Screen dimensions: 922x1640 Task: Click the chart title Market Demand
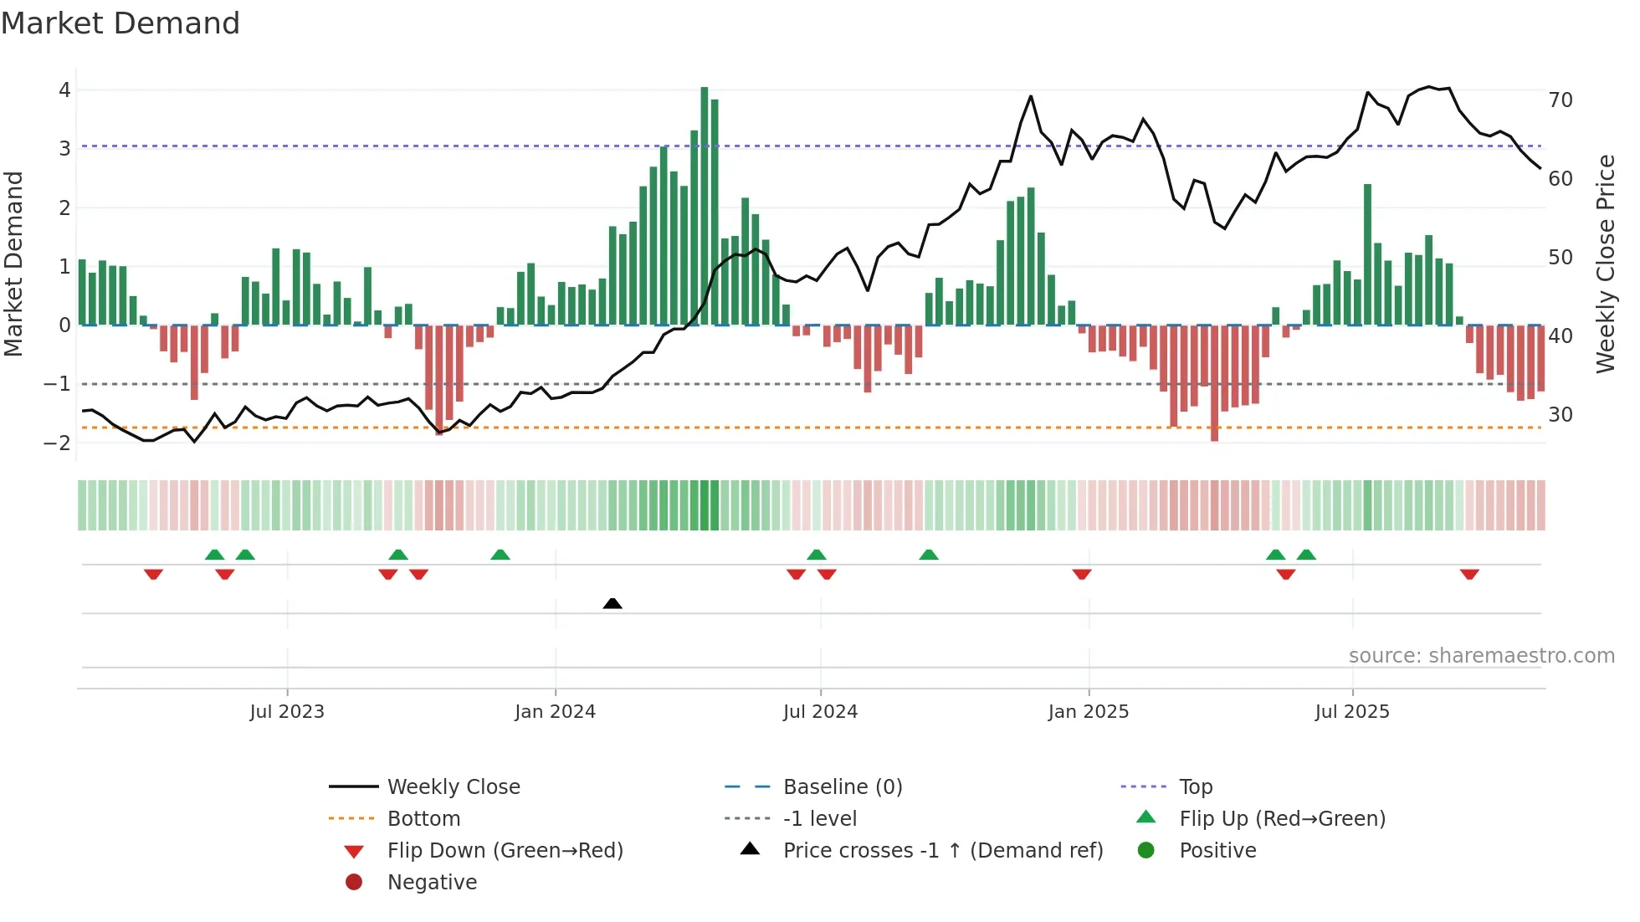tap(120, 23)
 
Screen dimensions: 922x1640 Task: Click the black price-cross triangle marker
tap(612, 603)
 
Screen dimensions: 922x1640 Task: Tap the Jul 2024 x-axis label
tap(820, 712)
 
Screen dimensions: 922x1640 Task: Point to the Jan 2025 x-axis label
tap(1088, 712)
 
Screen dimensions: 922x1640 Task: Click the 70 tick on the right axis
tap(1560, 100)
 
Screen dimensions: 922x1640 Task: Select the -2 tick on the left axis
tap(58, 443)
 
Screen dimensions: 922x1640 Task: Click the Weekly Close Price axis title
tap(1605, 264)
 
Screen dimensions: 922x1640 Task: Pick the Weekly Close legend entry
tap(453, 787)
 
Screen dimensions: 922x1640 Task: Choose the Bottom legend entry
tap(423, 819)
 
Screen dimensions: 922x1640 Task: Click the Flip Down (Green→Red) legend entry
tap(505, 851)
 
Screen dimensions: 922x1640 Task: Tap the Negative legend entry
tap(432, 883)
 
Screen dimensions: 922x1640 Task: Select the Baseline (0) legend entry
tap(842, 787)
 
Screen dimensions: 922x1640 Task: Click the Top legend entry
tap(1196, 787)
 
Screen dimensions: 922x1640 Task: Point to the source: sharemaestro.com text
tap(1481, 656)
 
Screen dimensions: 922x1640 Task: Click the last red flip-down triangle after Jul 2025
tap(1469, 574)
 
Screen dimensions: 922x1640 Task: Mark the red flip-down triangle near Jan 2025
tap(1082, 574)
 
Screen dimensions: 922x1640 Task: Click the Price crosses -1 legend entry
tap(942, 851)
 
